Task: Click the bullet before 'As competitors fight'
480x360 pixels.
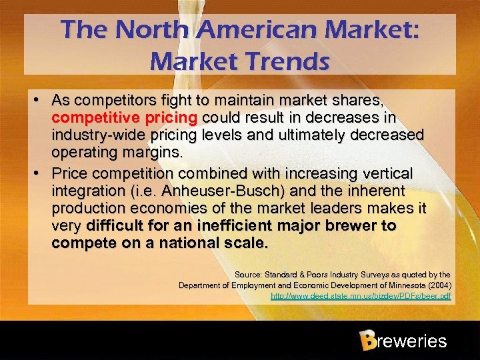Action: coord(41,101)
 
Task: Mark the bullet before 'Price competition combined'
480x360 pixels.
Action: coord(41,173)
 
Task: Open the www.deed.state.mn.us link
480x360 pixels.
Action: coord(361,295)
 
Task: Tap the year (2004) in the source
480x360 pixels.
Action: coord(435,285)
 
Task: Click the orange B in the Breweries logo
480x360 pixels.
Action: coord(366,341)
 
